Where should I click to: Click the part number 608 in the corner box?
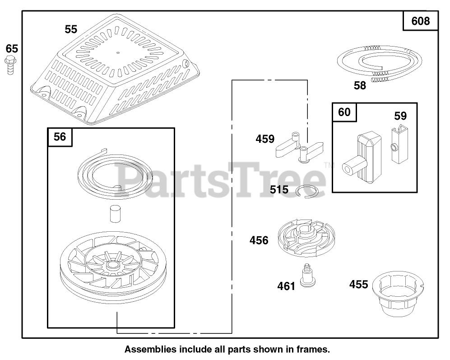421,21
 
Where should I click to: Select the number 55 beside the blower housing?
71,29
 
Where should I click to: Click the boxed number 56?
60,137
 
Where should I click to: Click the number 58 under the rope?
360,85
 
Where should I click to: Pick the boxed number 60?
344,112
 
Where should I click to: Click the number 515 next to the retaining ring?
279,190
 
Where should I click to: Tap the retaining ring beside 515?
311,192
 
